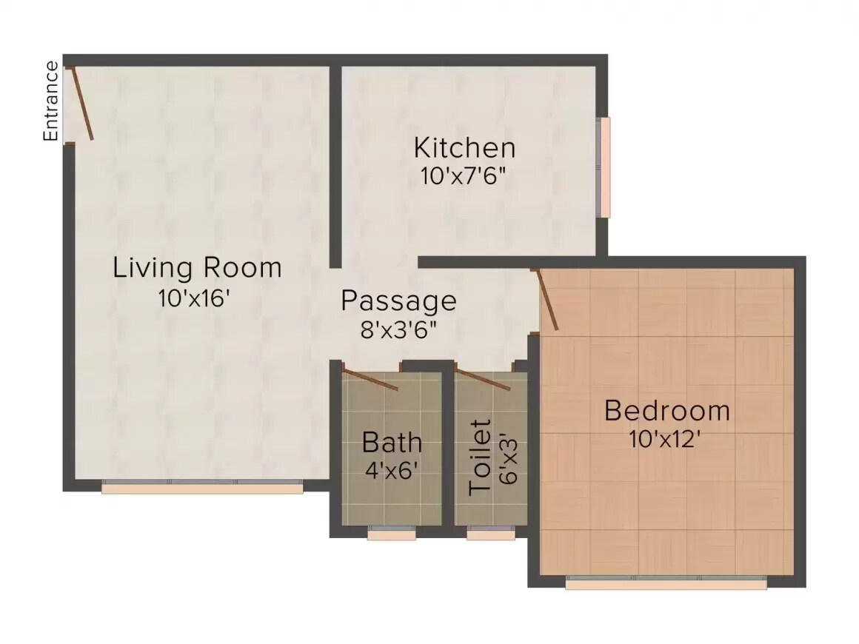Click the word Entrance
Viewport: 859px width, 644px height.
pyautogui.click(x=50, y=101)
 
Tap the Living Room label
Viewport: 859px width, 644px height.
pyautogui.click(x=197, y=267)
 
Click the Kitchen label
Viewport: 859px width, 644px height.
pyautogui.click(x=464, y=147)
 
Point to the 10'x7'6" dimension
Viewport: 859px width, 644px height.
pyautogui.click(x=464, y=176)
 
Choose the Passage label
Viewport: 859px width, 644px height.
pyautogui.click(x=398, y=301)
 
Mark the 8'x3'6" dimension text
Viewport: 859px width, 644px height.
pyautogui.click(x=398, y=329)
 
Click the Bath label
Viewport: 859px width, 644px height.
pyautogui.click(x=392, y=443)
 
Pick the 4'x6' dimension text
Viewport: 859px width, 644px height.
pyautogui.click(x=392, y=470)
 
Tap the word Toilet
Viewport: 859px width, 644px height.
pyautogui.click(x=481, y=457)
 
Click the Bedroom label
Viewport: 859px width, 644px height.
pyautogui.click(x=666, y=410)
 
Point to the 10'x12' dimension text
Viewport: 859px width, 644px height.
pyautogui.click(x=665, y=439)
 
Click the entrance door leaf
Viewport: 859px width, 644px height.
pyautogui.click(x=81, y=104)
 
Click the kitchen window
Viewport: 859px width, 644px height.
pyautogui.click(x=605, y=167)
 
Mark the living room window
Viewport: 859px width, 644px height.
pyautogui.click(x=202, y=487)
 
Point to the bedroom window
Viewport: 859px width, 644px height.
pyautogui.click(x=666, y=583)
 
